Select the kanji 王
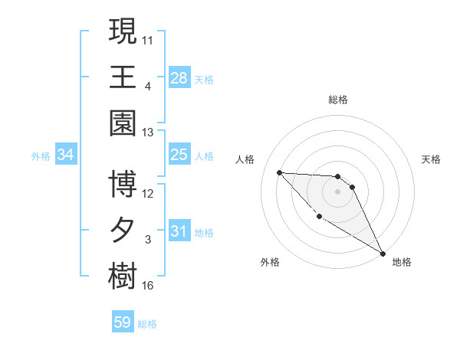pos(123,77)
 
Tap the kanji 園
pos(123,123)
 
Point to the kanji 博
pos(123,184)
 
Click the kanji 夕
pos(123,230)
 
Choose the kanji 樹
pos(123,276)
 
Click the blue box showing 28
pos(179,77)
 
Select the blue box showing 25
pos(179,155)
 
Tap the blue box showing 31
pos(179,231)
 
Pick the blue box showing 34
pos(66,155)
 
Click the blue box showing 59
pos(123,322)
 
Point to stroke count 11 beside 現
pos(148,41)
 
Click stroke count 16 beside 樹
pos(148,286)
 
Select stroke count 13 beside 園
pos(148,133)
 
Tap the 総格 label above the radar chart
pos(337,100)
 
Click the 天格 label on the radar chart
pos(432,159)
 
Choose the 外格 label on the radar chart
pos(270,262)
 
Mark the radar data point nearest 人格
pos(279,172)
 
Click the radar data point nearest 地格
pos(384,253)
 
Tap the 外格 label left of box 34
pos(41,155)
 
